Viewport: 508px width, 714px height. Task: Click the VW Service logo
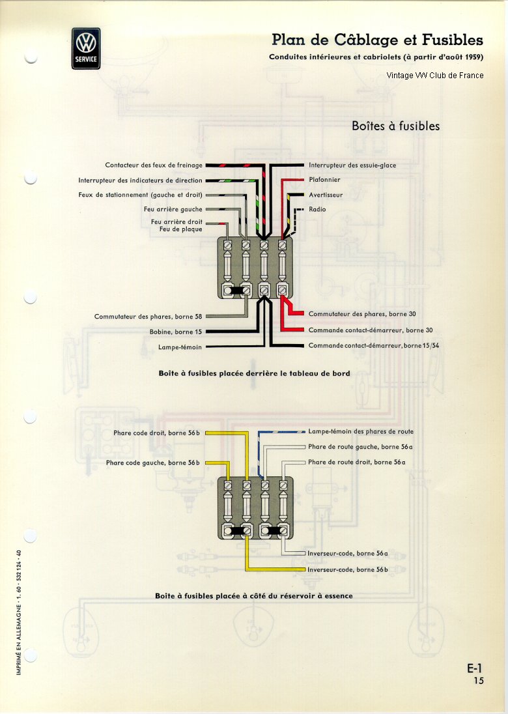click(x=86, y=48)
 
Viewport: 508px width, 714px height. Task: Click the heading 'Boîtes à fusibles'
click(x=395, y=126)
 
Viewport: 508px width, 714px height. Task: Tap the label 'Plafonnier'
click(x=324, y=179)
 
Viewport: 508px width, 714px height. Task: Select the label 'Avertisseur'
click(x=326, y=195)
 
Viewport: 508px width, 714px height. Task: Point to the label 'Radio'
click(x=317, y=210)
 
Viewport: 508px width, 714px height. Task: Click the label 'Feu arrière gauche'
click(x=173, y=210)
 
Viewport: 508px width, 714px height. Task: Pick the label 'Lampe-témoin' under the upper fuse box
click(x=180, y=347)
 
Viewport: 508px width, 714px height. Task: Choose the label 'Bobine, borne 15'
click(x=176, y=332)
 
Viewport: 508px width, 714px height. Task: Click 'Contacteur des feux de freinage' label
click(x=154, y=165)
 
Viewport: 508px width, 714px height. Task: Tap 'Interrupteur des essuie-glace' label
click(x=352, y=165)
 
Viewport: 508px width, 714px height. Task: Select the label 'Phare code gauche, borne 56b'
click(x=153, y=463)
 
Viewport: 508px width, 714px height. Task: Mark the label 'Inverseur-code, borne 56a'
click(x=348, y=554)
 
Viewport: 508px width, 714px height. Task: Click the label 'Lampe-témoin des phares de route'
click(x=361, y=432)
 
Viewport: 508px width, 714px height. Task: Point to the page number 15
click(x=479, y=681)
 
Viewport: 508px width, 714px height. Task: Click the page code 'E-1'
click(x=475, y=668)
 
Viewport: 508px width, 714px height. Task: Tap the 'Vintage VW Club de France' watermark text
click(x=435, y=76)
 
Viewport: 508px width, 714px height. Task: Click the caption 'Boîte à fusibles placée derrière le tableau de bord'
click(x=255, y=373)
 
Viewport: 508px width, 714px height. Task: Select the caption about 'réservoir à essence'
click(x=254, y=595)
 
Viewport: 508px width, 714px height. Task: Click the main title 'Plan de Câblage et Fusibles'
click(x=377, y=40)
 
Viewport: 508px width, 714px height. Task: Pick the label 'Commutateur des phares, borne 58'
click(x=148, y=317)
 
